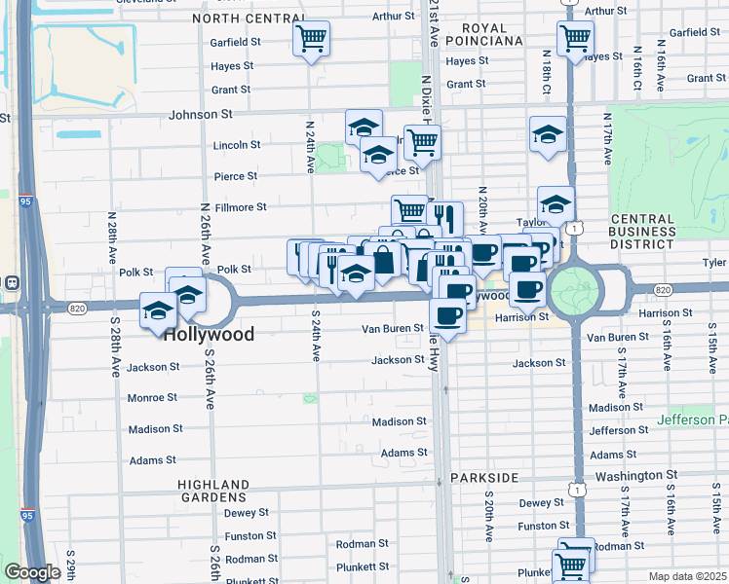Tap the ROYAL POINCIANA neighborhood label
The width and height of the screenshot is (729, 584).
click(x=484, y=34)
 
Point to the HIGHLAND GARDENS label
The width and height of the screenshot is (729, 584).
click(x=213, y=492)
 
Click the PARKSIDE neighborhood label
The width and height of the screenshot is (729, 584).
click(x=483, y=478)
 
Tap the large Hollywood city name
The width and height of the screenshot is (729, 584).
click(x=209, y=334)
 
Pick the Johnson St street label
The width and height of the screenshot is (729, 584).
click(x=200, y=114)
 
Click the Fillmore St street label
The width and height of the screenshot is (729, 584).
click(x=240, y=207)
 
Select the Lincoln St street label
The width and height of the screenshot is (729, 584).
click(x=237, y=145)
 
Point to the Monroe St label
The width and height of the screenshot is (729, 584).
click(x=152, y=397)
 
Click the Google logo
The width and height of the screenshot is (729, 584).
click(x=31, y=572)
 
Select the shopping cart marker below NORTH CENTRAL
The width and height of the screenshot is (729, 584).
click(x=311, y=40)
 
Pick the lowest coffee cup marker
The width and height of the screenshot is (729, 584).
click(x=447, y=316)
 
